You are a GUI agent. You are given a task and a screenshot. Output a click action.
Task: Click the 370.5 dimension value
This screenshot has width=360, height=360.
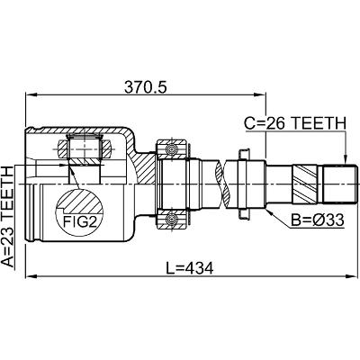pyautogui.click(x=145, y=87)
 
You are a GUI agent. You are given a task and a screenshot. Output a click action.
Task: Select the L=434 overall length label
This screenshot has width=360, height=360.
pyautogui.click(x=190, y=268)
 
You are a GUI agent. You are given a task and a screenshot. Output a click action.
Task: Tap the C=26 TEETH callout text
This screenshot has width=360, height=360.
pyautogui.click(x=295, y=123)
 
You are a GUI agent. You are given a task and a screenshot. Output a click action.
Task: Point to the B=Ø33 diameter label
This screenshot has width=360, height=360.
pyautogui.click(x=318, y=220)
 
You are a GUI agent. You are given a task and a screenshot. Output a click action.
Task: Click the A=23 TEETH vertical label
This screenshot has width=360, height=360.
pyautogui.click(x=8, y=217)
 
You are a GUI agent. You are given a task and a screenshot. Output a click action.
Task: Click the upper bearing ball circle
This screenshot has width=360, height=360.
pyautogui.click(x=172, y=148)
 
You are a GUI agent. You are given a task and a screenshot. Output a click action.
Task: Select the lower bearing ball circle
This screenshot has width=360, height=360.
pyautogui.click(x=172, y=220)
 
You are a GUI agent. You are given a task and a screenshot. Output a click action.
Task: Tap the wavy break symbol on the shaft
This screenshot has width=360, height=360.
pyautogui.click(x=222, y=184)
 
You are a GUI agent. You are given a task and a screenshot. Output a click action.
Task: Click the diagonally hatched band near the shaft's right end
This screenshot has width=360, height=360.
pyautogui.click(x=304, y=184)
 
